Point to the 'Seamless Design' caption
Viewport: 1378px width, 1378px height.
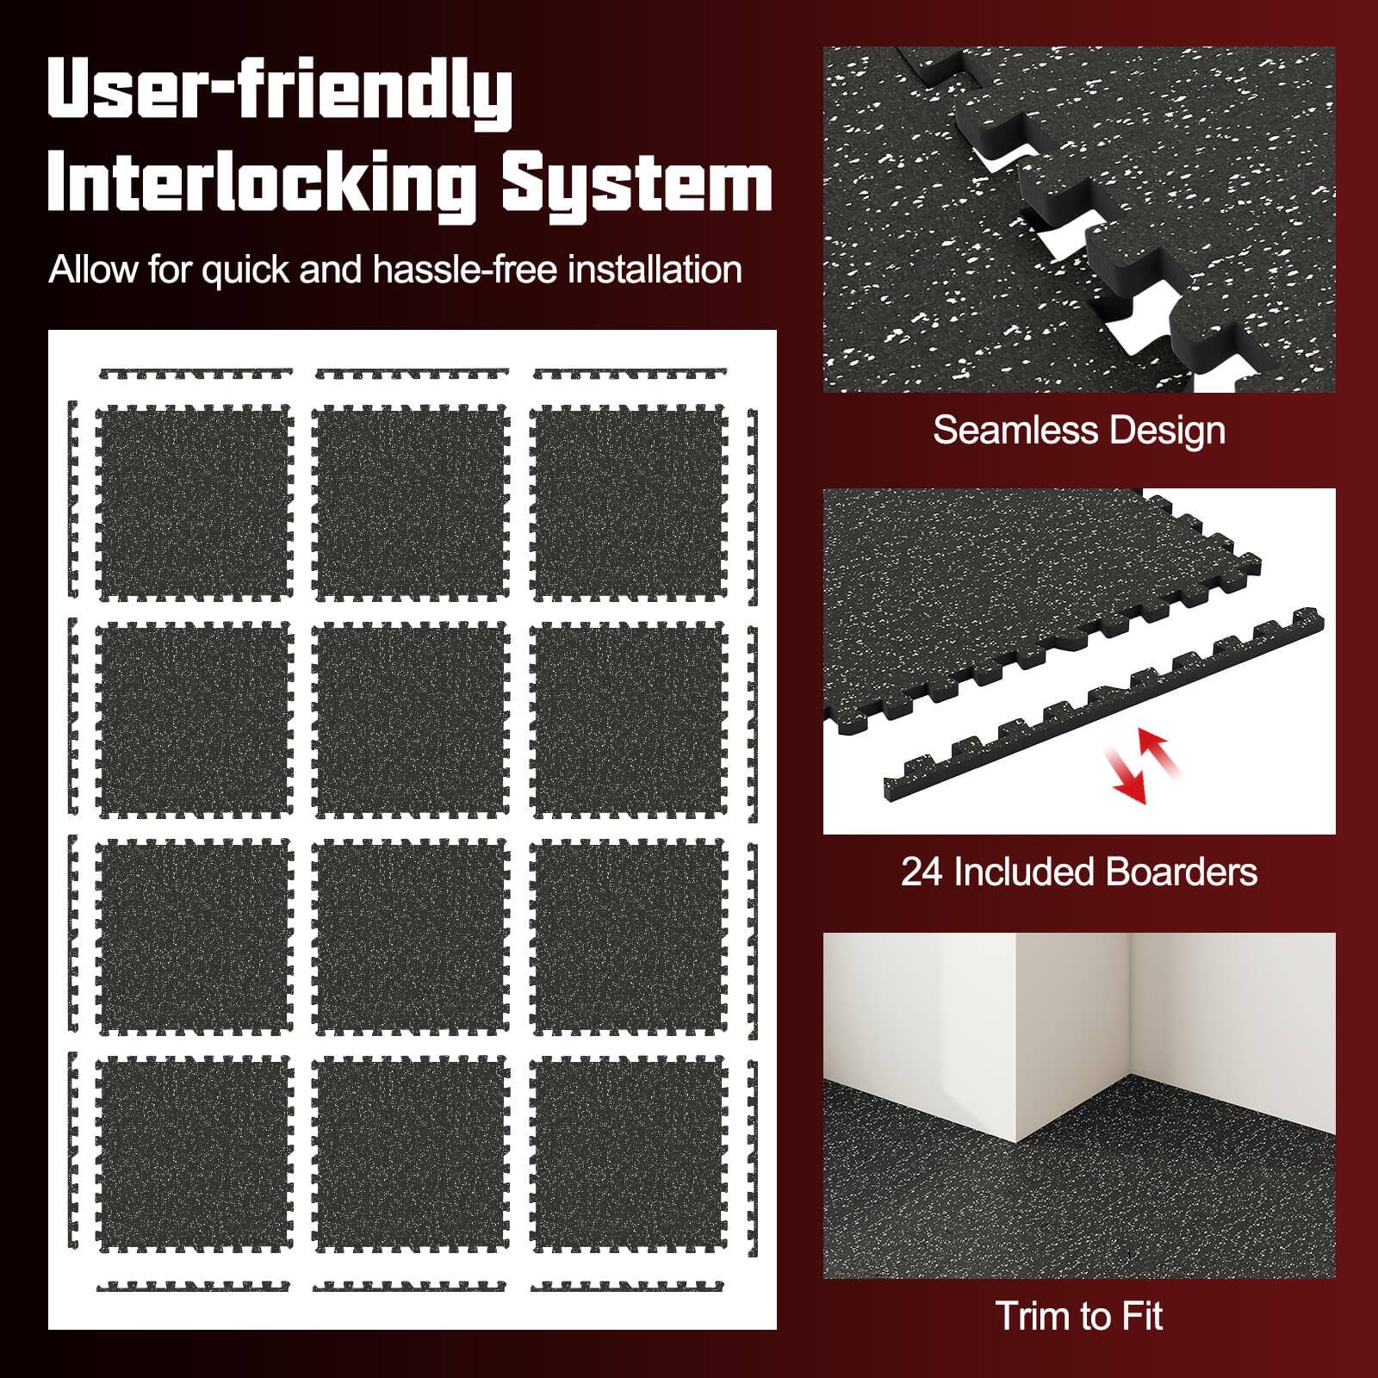click(x=1079, y=430)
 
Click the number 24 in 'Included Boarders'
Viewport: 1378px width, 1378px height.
click(x=922, y=872)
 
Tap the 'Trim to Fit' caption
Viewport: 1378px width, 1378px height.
click(x=1079, y=1316)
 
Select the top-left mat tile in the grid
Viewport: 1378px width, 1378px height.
click(x=194, y=502)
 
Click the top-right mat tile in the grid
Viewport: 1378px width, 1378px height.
click(x=630, y=502)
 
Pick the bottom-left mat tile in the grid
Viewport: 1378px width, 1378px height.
click(x=194, y=1154)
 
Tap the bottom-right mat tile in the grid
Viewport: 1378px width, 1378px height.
click(x=630, y=1154)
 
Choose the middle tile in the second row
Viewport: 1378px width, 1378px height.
click(x=412, y=720)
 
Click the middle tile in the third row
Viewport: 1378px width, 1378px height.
click(x=412, y=937)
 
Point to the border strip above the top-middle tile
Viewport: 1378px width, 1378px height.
click(x=412, y=375)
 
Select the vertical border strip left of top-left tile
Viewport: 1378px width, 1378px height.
click(x=72, y=500)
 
